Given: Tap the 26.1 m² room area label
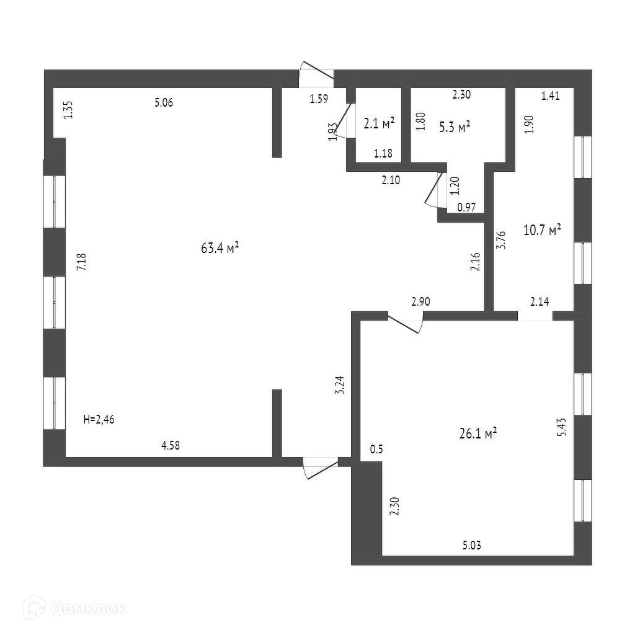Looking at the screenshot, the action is (477, 434).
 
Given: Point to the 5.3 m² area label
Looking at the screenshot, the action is (455, 128).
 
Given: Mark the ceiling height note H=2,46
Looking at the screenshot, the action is (99, 420).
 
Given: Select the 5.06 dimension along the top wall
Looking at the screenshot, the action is (163, 103).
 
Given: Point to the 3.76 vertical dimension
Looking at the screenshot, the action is (502, 240).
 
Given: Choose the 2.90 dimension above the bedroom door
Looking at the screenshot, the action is (420, 302).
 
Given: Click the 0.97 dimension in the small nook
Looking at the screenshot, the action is (466, 208).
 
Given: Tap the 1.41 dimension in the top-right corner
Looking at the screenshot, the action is (551, 95).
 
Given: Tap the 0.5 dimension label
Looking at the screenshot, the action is (376, 449).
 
